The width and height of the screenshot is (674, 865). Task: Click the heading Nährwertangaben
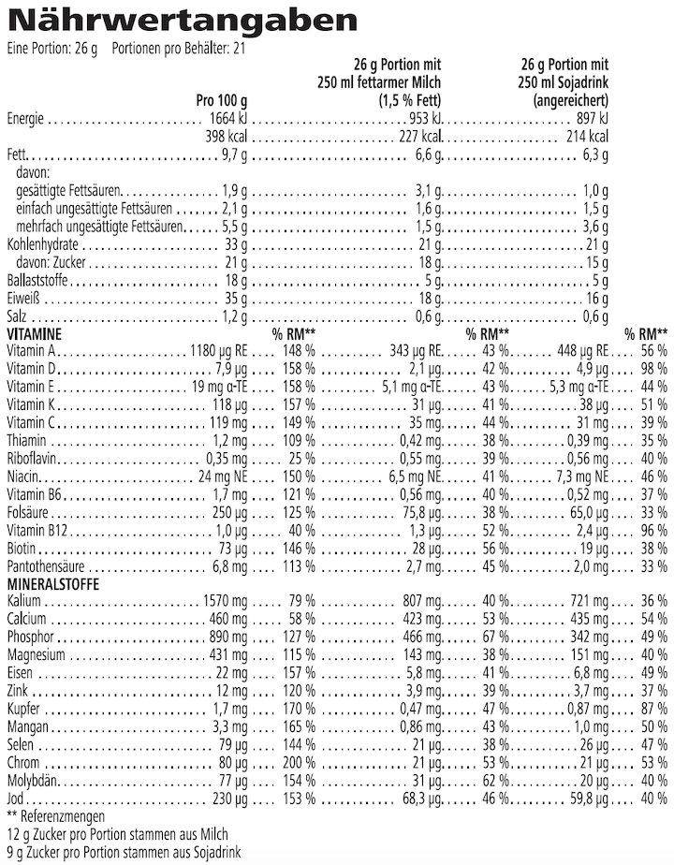pos(169,21)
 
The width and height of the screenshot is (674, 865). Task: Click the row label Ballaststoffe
pos(35,281)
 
